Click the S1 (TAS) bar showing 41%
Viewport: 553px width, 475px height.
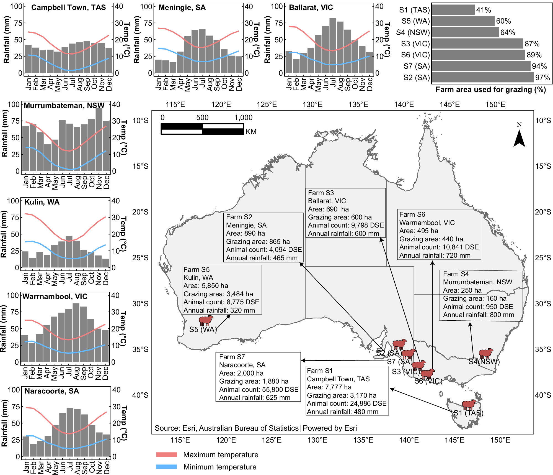[x=453, y=10]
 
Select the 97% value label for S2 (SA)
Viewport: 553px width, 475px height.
[x=542, y=78]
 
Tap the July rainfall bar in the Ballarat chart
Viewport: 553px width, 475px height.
[x=333, y=46]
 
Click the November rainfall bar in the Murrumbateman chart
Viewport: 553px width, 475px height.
[x=99, y=139]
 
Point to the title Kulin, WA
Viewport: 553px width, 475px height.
[x=42, y=202]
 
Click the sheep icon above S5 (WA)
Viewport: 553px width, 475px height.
[x=206, y=320]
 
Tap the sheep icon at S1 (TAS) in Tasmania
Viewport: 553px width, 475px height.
[x=469, y=405]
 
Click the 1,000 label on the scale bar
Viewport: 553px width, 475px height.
[x=243, y=118]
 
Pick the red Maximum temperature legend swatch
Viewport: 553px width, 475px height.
[x=166, y=454]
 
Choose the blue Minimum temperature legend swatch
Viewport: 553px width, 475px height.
[x=166, y=467]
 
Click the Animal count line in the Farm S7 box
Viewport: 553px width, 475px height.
[x=259, y=389]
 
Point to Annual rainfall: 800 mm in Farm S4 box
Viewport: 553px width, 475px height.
[x=478, y=315]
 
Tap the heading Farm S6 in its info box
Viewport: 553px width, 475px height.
[x=412, y=214]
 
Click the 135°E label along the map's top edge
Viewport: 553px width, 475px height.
[x=358, y=104]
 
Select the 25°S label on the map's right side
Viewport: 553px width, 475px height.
[x=543, y=258]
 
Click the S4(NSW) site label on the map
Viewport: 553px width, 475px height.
[x=484, y=362]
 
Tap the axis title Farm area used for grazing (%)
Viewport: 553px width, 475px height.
[x=490, y=90]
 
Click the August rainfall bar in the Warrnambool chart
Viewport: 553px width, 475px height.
[x=76, y=333]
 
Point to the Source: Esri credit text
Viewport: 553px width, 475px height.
[x=226, y=428]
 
